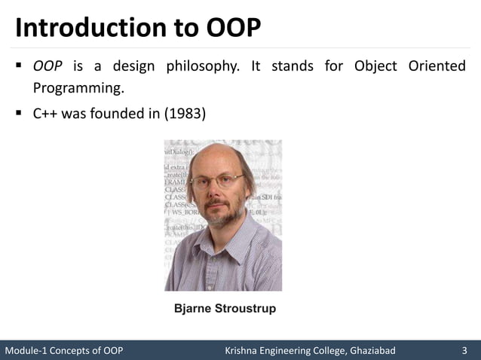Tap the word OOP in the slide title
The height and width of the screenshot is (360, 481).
(233, 28)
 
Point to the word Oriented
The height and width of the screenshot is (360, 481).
(437, 67)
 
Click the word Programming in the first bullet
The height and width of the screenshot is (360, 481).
(77, 89)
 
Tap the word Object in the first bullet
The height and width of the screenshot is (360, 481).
(375, 67)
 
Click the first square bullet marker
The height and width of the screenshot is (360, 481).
(17, 67)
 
